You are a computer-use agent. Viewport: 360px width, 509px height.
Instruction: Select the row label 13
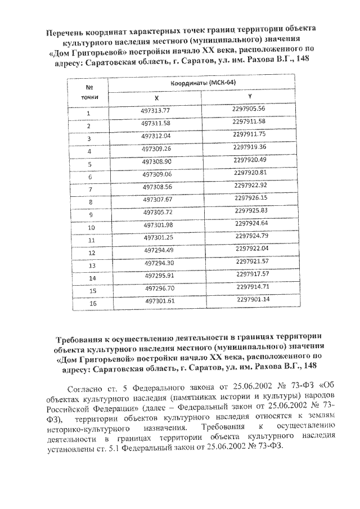(89, 265)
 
